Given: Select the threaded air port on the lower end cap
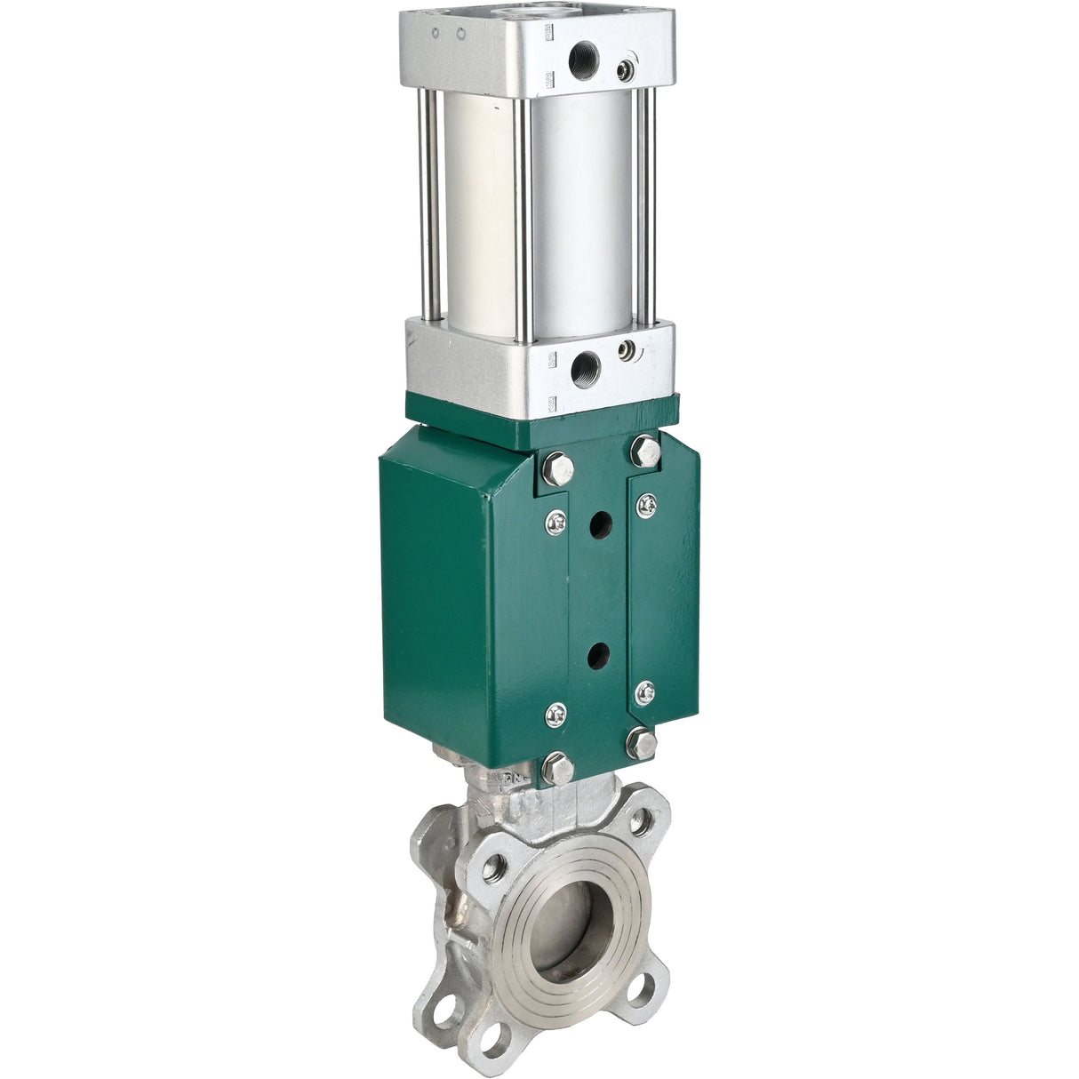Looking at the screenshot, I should (585, 364).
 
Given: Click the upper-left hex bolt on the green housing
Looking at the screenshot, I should (556, 468).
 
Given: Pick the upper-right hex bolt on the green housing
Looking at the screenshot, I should (645, 450).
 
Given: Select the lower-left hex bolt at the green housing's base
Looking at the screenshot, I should (556, 769).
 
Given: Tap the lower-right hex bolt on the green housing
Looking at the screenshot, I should (642, 743).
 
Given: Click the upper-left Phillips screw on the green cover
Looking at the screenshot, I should (556, 524).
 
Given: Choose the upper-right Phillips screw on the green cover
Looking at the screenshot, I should (646, 505).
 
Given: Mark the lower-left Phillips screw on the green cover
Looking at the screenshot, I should (556, 714).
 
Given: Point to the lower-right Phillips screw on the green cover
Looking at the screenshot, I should (645, 691).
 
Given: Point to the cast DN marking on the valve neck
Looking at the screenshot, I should (516, 779).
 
